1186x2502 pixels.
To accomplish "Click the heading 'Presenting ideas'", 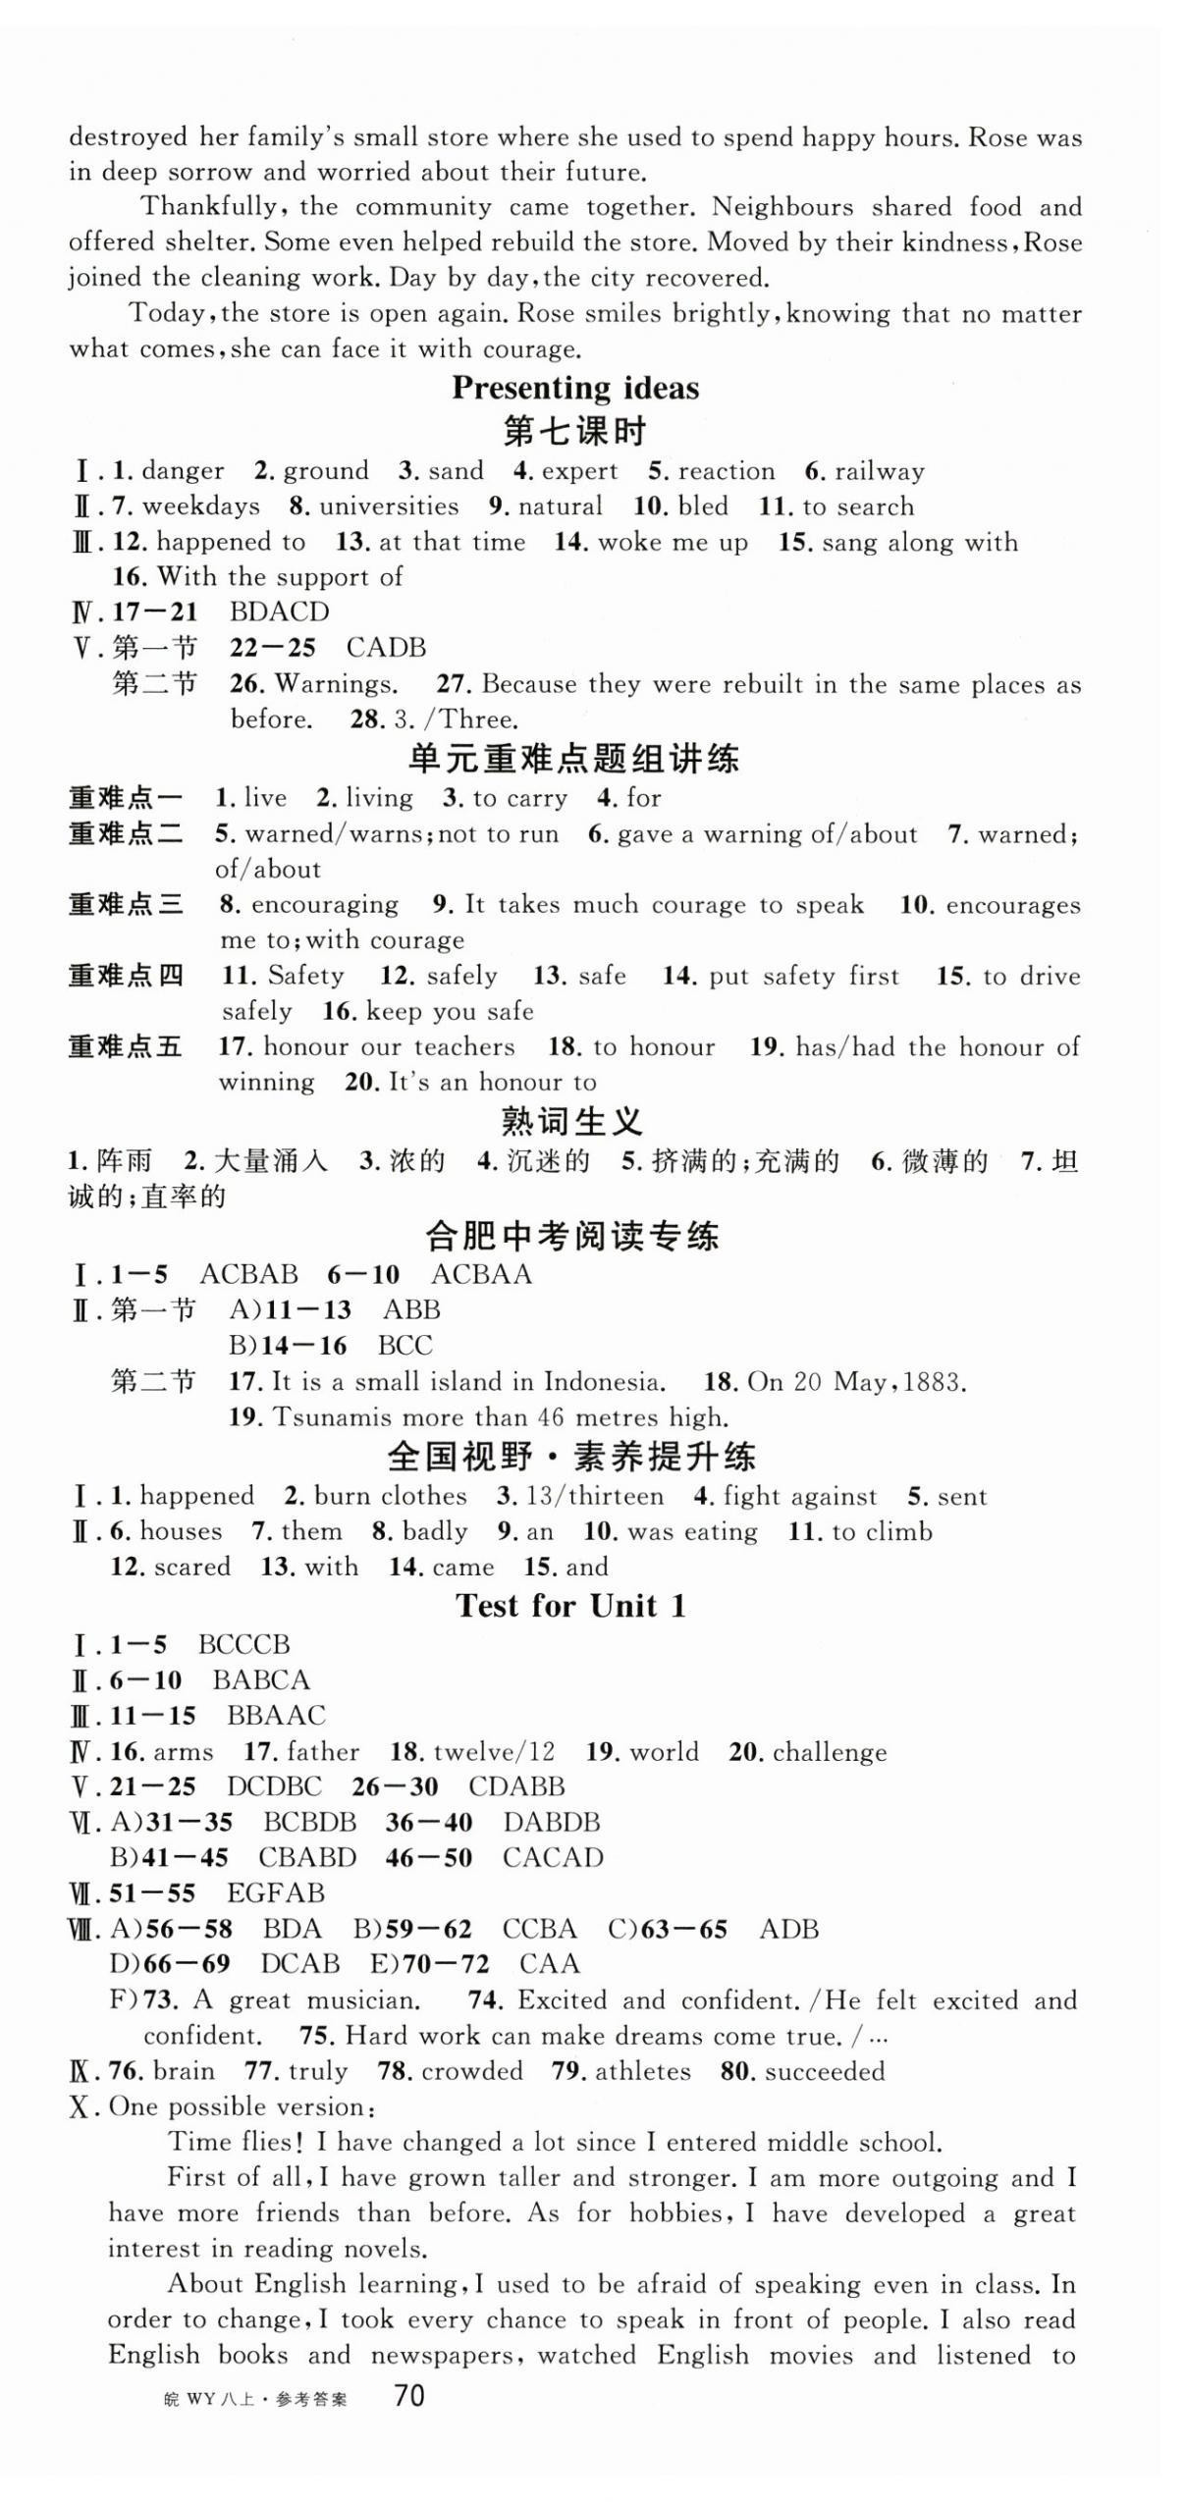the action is coord(575,389).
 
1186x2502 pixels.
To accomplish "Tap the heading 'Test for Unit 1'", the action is coord(570,1606).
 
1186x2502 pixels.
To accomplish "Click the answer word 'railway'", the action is coord(879,471).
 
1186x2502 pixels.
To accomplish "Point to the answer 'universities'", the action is coord(389,506).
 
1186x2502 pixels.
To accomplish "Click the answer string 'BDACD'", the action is coord(279,612).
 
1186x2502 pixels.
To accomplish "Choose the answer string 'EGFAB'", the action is coord(275,1892).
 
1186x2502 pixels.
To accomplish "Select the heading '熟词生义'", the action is coord(571,1121).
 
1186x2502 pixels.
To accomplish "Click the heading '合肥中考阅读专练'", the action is coord(572,1235).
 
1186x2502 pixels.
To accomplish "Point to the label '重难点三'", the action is coord(126,904).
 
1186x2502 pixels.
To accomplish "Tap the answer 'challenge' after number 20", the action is coord(830,1752).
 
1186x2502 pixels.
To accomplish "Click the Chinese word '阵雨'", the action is coord(125,1161).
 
